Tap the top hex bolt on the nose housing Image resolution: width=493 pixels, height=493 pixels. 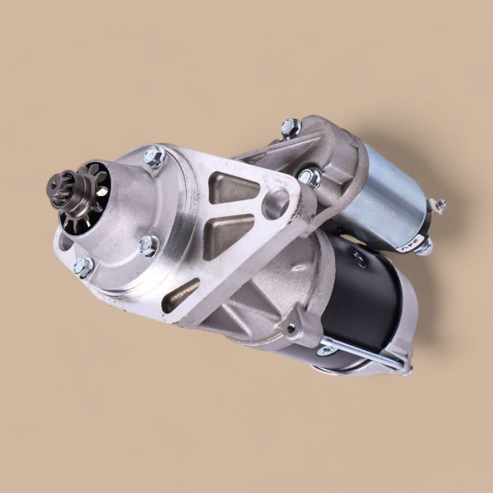[154, 156]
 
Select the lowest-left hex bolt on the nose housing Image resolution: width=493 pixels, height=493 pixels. [82, 266]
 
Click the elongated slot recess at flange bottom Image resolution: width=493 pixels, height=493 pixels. [182, 294]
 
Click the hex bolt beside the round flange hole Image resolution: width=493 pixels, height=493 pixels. [308, 177]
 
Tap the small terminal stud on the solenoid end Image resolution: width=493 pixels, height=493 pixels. [439, 205]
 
